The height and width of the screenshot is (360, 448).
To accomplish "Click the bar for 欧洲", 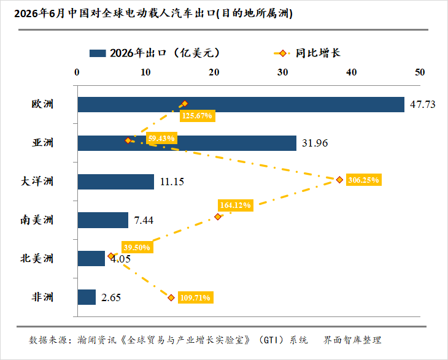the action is tap(241, 104).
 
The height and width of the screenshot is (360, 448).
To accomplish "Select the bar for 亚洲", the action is tap(187, 143).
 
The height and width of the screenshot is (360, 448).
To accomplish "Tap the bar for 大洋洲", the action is tap(116, 182).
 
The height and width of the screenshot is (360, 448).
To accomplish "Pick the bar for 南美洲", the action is tap(103, 220).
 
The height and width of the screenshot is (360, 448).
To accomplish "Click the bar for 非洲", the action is tap(87, 297).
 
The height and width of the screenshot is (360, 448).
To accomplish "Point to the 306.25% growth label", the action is tap(364, 180).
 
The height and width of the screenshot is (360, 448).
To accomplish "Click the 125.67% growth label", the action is tap(198, 116).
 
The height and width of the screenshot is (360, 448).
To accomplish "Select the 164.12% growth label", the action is tap(236, 205).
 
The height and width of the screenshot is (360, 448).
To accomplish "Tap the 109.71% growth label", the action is tap(195, 297).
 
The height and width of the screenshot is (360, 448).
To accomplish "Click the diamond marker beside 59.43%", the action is tap(128, 140).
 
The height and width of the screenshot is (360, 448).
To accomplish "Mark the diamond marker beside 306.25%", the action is tap(339, 180).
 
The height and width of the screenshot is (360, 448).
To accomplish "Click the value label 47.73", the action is tap(423, 104).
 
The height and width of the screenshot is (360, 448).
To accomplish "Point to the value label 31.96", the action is tap(315, 143).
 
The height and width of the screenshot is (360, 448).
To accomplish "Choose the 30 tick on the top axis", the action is tap(282, 72).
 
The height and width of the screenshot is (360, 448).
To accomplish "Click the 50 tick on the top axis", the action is tap(420, 72).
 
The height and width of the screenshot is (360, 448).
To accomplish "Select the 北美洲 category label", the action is tap(37, 258).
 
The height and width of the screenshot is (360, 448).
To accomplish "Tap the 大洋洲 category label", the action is tap(37, 182).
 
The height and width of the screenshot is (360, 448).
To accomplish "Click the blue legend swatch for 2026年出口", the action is tap(98, 53).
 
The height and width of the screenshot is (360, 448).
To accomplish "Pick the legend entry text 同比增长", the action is tap(318, 53).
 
